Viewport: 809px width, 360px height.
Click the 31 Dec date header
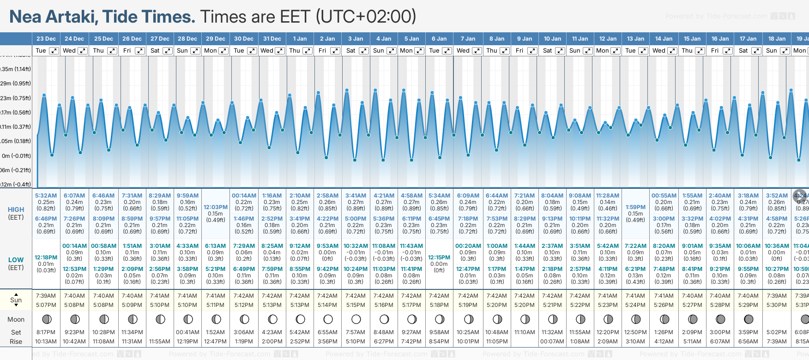[272, 39]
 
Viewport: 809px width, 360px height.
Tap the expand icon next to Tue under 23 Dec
[54, 51]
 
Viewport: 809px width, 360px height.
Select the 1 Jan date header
[300, 39]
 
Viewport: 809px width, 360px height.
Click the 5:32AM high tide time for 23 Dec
[46, 196]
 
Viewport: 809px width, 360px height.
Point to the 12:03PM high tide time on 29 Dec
[216, 207]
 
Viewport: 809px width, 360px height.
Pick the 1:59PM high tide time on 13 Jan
[635, 207]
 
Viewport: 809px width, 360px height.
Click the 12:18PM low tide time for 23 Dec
[46, 258]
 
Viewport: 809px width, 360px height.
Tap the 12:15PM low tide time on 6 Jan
[439, 258]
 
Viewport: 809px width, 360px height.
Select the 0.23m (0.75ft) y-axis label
[16, 98]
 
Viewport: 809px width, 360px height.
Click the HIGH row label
[16, 210]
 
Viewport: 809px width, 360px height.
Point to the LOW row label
[16, 260]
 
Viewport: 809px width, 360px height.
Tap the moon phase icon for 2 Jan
[328, 319]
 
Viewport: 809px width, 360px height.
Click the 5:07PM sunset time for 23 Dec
[46, 305]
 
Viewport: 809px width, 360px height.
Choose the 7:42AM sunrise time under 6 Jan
[439, 296]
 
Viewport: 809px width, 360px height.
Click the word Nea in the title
[26, 17]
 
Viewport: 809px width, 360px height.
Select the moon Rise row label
[16, 342]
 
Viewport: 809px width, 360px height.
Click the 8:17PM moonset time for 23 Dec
[46, 332]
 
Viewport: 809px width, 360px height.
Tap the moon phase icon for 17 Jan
[748, 319]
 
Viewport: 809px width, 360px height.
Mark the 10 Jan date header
[552, 39]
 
